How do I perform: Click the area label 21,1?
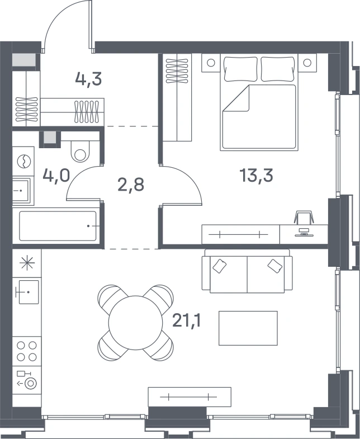187,320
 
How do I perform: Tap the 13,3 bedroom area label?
256,175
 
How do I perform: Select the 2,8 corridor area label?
131,185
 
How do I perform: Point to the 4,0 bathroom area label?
56,176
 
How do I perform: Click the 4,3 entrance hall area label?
88,79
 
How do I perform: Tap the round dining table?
135,323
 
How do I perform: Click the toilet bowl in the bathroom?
80,151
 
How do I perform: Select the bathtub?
58,226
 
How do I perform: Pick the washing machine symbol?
23,161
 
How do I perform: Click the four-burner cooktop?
27,351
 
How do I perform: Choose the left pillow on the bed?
241,69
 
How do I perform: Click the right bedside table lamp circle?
307,63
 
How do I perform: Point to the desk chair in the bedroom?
304,217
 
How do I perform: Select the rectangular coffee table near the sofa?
248,328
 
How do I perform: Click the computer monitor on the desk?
304,233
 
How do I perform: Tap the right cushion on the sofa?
275,266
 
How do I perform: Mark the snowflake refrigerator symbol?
27,263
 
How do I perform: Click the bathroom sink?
21,191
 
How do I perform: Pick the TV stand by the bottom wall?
190,397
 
